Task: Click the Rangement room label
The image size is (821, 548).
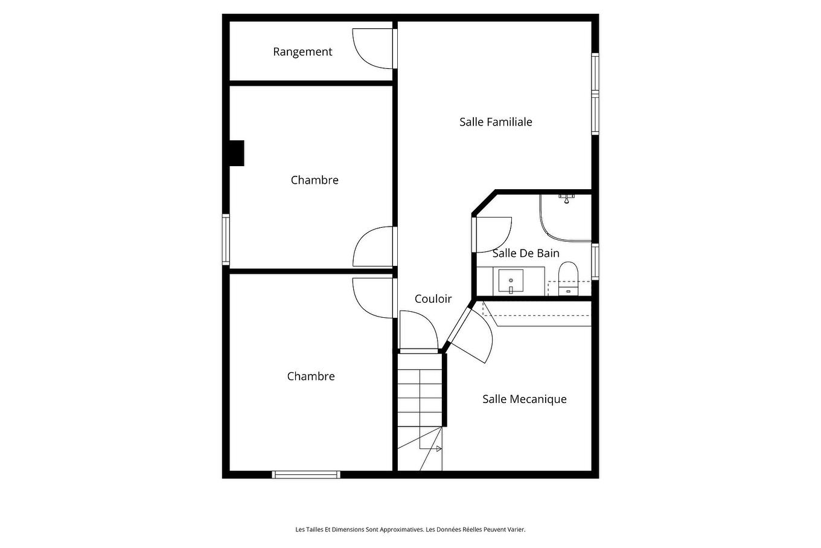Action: click(x=302, y=52)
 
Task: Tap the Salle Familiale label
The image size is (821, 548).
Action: click(x=496, y=122)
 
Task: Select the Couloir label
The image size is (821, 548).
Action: click(x=433, y=299)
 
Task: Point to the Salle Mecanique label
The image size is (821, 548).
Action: click(x=524, y=399)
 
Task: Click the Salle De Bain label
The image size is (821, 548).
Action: click(x=526, y=253)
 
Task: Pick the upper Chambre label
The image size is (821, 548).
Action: click(x=315, y=180)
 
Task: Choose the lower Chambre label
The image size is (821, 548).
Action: click(x=311, y=376)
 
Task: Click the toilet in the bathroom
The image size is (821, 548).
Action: click(x=568, y=278)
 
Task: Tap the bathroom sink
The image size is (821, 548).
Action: click(x=511, y=281)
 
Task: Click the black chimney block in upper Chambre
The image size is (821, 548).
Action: click(x=236, y=153)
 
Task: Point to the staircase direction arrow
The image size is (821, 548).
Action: click(x=438, y=448)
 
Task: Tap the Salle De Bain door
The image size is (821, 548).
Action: click(x=493, y=234)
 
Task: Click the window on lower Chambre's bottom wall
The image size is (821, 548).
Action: click(x=306, y=475)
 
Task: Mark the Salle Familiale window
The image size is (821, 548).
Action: click(x=595, y=94)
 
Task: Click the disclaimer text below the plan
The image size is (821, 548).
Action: click(x=410, y=530)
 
